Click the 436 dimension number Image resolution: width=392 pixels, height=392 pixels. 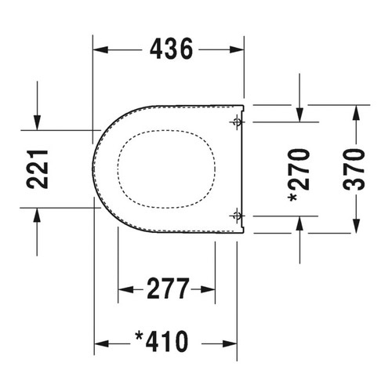tap(171, 49)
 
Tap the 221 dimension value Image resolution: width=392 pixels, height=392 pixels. tap(38, 169)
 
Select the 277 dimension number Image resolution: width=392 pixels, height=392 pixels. tap(168, 289)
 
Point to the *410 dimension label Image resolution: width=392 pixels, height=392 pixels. tap(162, 342)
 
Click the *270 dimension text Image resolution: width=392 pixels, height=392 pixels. tap(299, 176)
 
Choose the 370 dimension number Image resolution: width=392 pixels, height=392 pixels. tap(354, 169)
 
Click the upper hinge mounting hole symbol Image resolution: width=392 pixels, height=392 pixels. tap(238, 122)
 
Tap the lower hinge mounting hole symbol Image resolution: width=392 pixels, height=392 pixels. tap(238, 216)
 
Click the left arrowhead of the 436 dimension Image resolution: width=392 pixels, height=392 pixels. tap(100, 49)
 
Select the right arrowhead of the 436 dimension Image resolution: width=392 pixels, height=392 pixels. tap(237, 49)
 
